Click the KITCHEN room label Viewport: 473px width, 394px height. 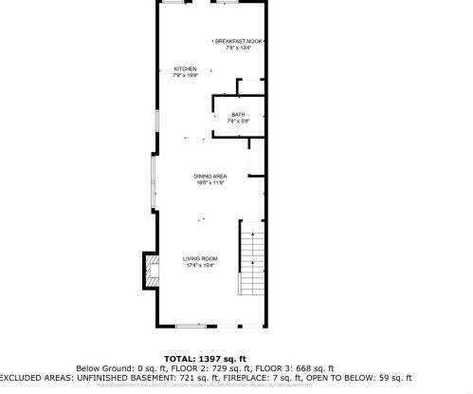(x=185, y=69)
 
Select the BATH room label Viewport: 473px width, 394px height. (x=237, y=114)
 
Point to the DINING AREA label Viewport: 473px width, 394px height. (x=209, y=177)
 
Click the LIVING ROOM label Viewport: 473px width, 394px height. (x=201, y=259)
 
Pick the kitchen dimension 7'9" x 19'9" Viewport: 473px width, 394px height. (x=185, y=76)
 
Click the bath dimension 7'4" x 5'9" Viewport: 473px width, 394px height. (x=237, y=121)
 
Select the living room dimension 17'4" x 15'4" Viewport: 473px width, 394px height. (x=201, y=266)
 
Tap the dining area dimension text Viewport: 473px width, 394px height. (x=209, y=183)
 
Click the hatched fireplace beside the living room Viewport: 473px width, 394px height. (x=149, y=270)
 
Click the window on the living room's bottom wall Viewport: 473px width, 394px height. (x=191, y=326)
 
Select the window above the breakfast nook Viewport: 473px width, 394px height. (x=226, y=3)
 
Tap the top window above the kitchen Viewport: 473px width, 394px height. (x=173, y=3)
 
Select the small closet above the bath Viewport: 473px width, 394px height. (x=250, y=87)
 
